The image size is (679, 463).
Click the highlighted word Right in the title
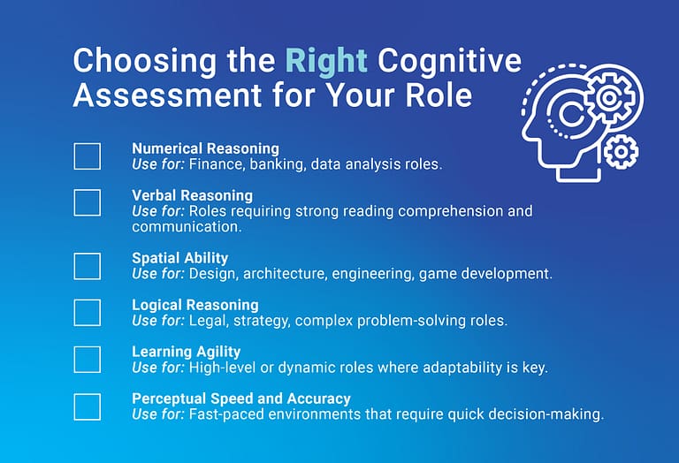pos(326,61)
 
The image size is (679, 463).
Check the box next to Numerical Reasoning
pos(87,156)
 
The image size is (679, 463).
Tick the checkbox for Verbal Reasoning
pos(87,202)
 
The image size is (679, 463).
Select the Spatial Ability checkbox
pos(87,266)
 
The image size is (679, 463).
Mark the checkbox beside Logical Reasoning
pos(87,313)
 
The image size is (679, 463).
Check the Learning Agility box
pos(87,360)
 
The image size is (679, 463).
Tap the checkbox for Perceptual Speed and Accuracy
pos(87,406)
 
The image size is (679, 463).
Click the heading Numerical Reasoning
pos(205,148)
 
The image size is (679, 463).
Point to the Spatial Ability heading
pos(180,258)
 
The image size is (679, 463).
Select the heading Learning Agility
pos(187,352)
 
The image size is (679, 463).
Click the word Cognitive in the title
pos(449,61)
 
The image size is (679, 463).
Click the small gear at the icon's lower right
pos(622,152)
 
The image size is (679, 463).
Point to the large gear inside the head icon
pos(607,94)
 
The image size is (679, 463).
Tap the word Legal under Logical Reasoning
pos(209,321)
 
